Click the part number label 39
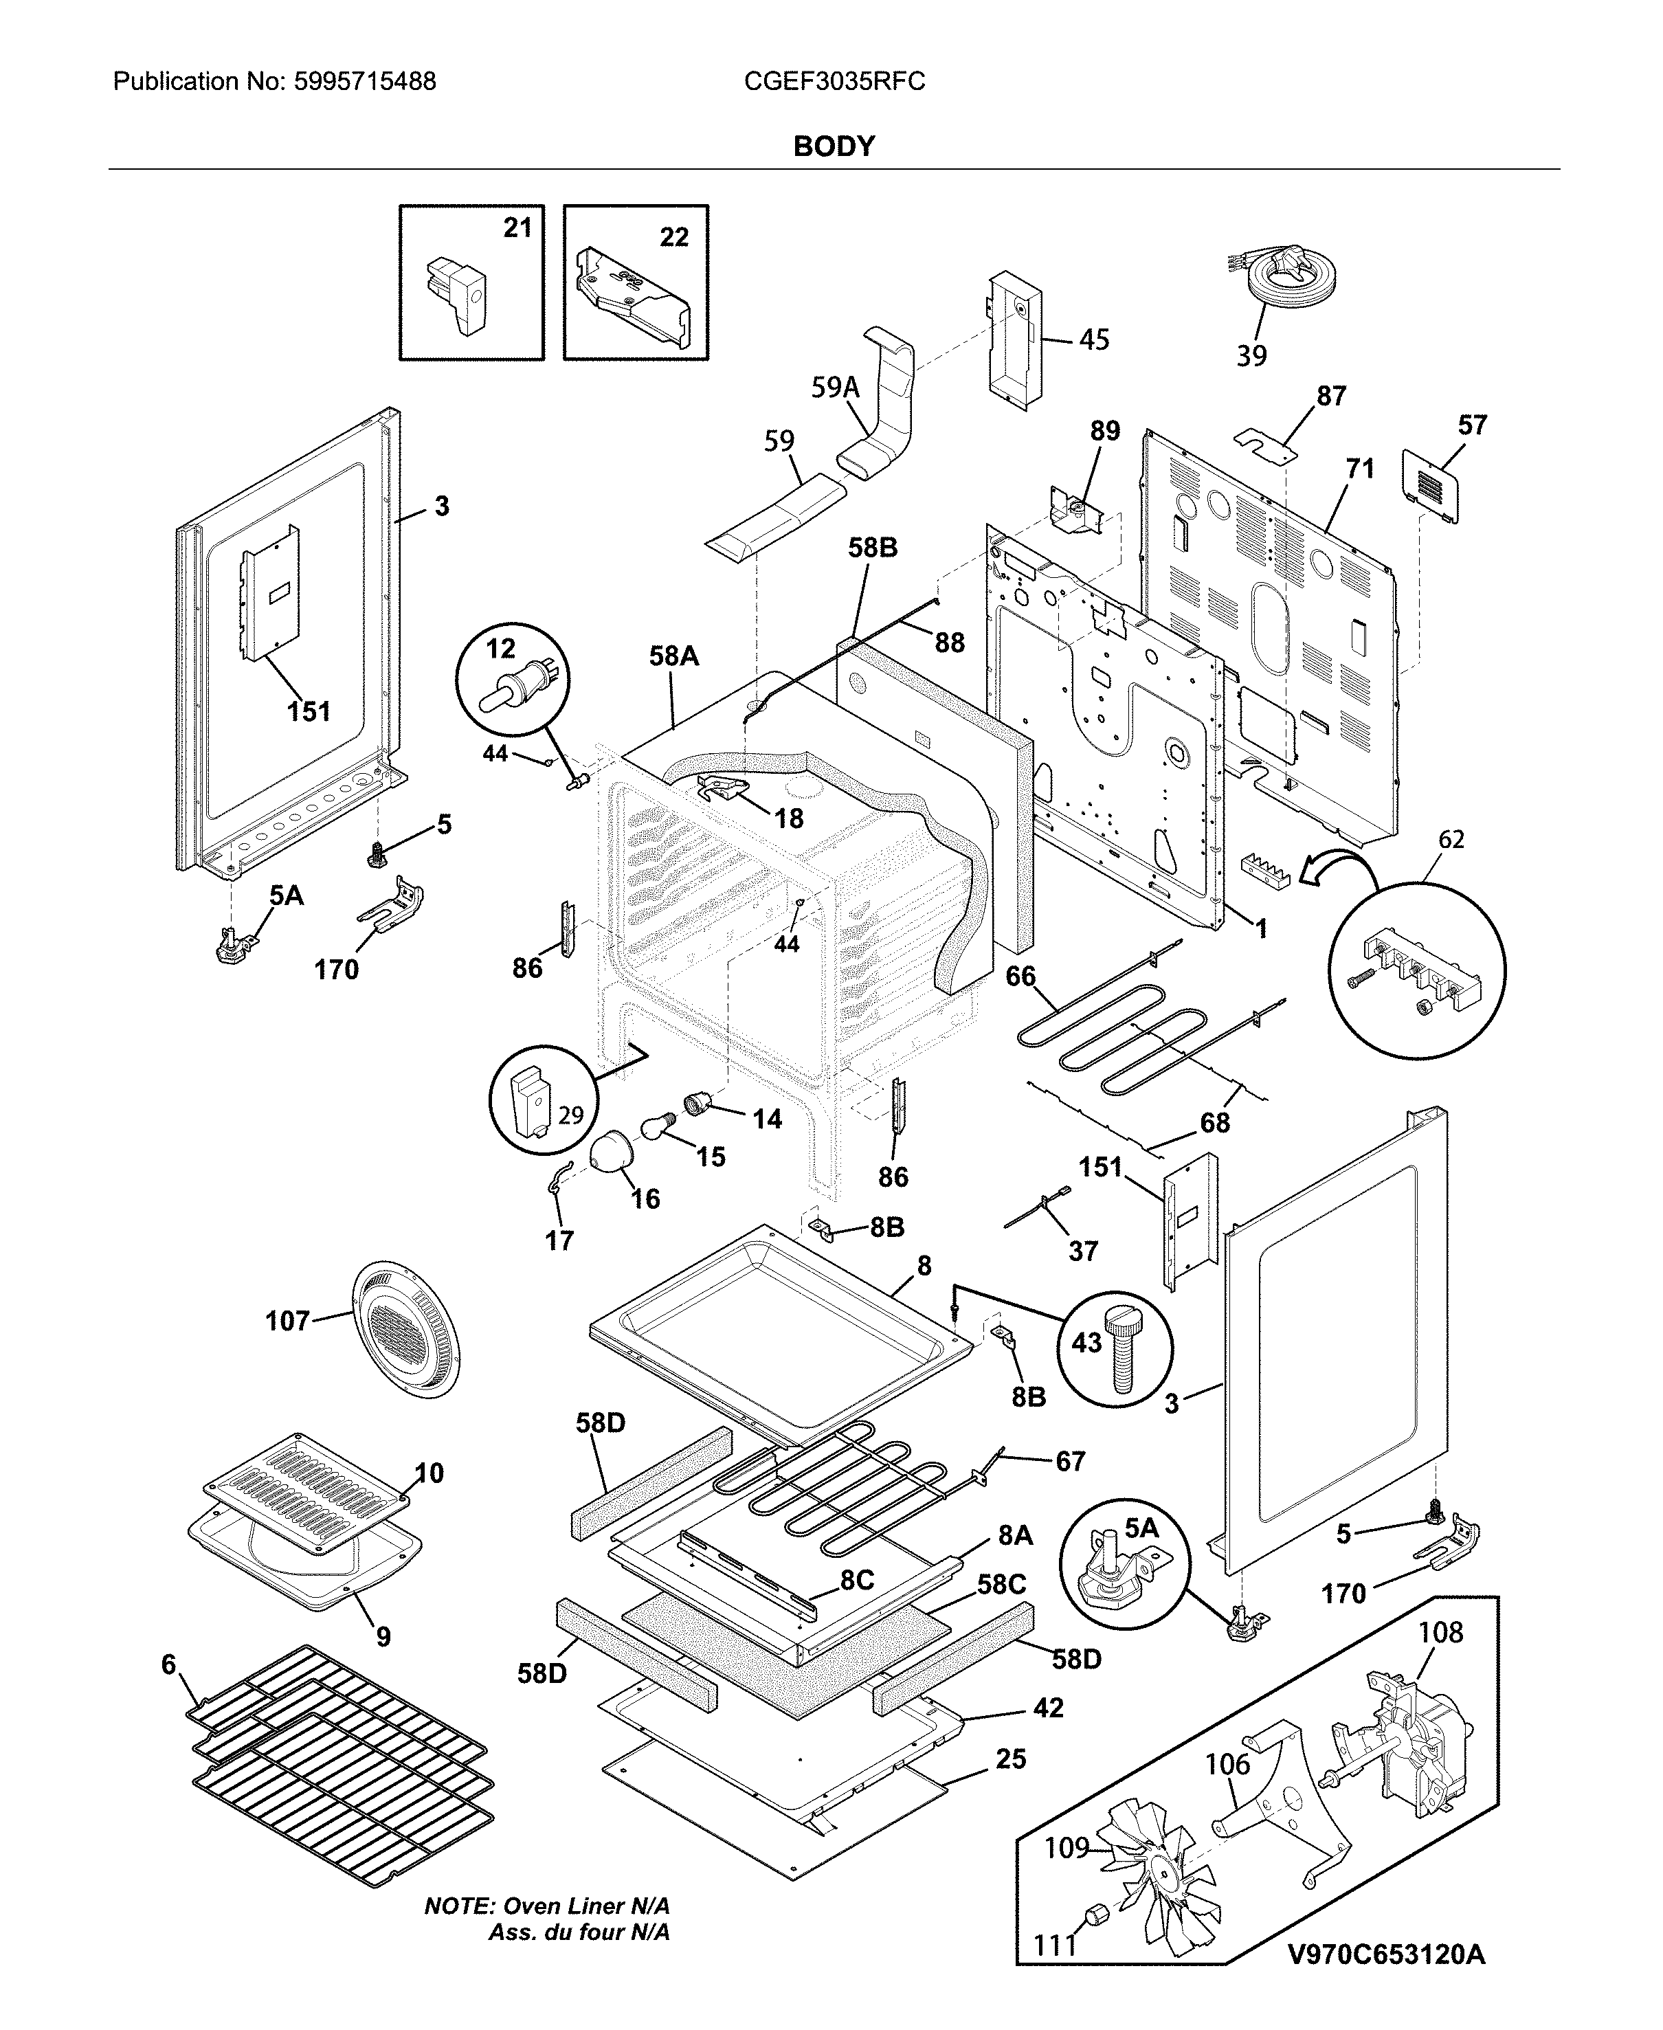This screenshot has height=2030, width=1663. coord(1251,355)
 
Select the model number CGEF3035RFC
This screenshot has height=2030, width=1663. coord(834,81)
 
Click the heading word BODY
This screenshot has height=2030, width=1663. coord(834,146)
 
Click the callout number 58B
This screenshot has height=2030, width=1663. coord(873,548)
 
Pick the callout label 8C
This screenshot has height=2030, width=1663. coord(856,1580)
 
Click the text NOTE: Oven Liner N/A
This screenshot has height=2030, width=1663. coord(547,1906)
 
